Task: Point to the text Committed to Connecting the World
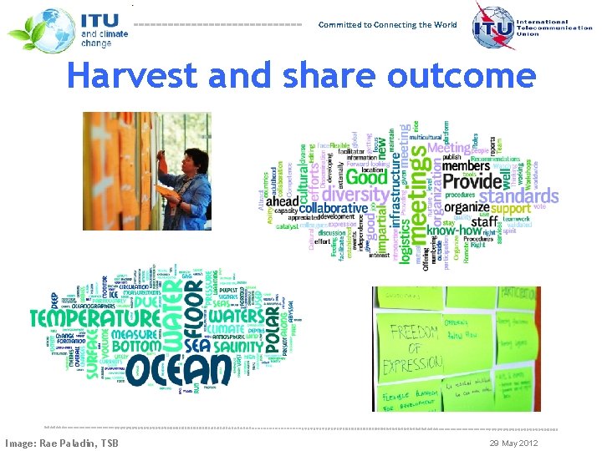tap(387, 25)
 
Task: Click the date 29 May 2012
tap(513, 443)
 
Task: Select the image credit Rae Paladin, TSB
tap(61, 443)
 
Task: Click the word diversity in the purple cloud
tap(355, 195)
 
